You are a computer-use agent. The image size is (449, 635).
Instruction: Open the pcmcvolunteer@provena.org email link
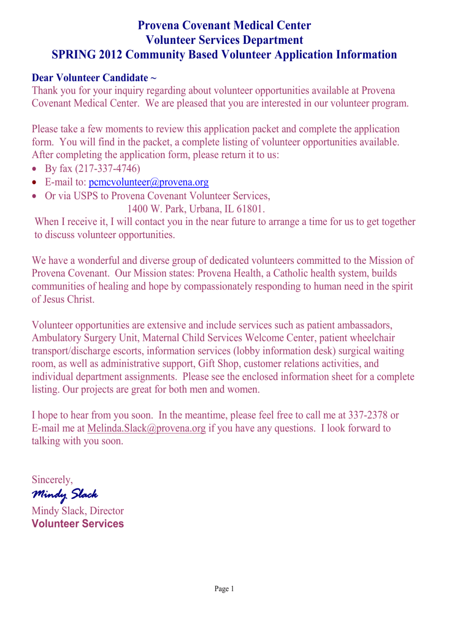(x=148, y=182)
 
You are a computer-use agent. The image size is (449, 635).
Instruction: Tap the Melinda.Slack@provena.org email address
(x=146, y=428)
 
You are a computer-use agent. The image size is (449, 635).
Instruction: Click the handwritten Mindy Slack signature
(x=65, y=494)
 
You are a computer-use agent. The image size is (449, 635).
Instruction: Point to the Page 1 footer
(x=224, y=589)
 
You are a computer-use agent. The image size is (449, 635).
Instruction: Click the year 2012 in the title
(x=110, y=55)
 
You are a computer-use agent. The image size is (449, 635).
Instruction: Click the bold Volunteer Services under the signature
(x=77, y=524)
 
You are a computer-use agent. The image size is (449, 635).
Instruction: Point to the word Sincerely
(x=52, y=480)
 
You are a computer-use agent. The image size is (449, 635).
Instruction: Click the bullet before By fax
(x=34, y=169)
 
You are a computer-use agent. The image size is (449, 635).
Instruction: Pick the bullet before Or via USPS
(x=34, y=196)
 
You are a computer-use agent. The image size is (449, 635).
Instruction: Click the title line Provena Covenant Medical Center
(x=224, y=25)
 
